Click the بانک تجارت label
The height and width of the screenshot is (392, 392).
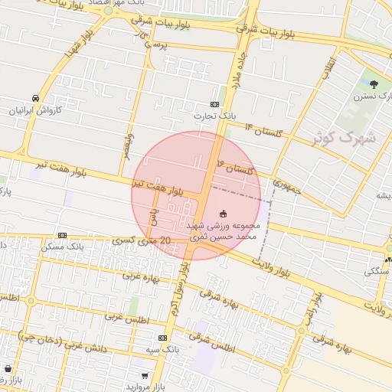(x=215, y=116)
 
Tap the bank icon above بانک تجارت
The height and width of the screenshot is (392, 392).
(x=215, y=104)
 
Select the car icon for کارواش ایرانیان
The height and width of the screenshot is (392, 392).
(x=35, y=98)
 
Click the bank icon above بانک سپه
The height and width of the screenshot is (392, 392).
(x=162, y=337)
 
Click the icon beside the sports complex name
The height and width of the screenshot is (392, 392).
(x=224, y=213)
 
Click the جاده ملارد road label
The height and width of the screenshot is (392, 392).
(x=237, y=75)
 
